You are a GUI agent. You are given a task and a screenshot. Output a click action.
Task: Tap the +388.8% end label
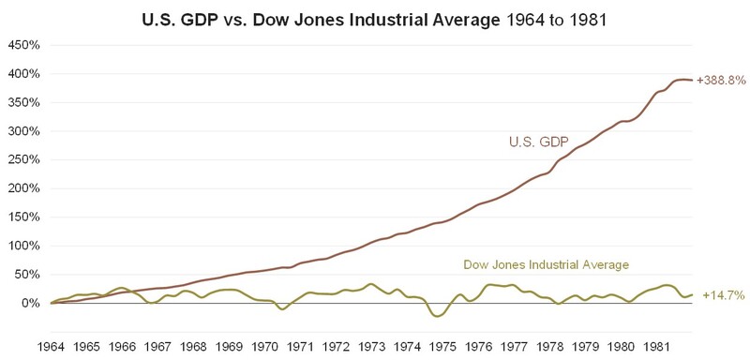[721, 81]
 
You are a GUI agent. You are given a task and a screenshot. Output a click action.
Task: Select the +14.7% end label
[723, 295]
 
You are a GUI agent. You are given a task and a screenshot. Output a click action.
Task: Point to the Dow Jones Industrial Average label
[546, 264]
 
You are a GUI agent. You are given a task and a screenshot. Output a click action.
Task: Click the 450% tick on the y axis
[24, 45]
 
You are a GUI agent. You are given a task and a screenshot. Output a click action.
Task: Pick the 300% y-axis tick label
[24, 131]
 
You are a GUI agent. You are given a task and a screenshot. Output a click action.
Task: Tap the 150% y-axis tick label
[24, 217]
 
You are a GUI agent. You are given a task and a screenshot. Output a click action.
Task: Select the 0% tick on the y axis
[31, 303]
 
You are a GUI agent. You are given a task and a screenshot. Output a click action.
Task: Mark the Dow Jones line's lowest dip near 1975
[438, 317]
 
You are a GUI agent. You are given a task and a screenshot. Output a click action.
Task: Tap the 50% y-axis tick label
[27, 275]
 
